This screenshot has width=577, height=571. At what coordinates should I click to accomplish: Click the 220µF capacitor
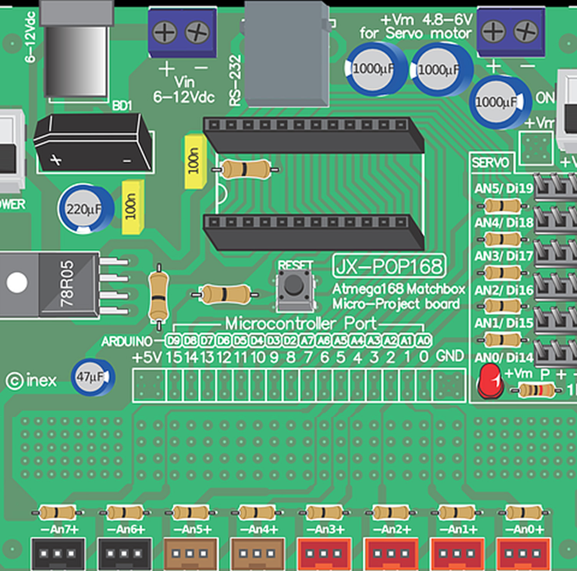(x=86, y=209)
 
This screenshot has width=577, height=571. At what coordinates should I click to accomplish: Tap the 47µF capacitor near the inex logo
(x=93, y=377)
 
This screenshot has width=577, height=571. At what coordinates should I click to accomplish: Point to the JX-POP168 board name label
(x=389, y=266)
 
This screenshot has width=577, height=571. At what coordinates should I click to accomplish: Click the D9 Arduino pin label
(x=174, y=341)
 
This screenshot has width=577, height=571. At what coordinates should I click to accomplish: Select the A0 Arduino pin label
(x=423, y=341)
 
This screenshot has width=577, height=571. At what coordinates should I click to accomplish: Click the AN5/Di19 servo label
(x=504, y=189)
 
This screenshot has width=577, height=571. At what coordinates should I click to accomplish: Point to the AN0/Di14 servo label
(x=504, y=358)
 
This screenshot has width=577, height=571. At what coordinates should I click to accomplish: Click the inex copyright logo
(x=32, y=381)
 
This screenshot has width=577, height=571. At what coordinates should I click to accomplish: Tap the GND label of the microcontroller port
(x=449, y=356)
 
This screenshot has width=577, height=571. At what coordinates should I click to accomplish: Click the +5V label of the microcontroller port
(x=147, y=357)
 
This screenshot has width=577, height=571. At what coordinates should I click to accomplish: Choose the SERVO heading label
(x=490, y=163)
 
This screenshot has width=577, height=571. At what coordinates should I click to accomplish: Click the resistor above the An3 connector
(x=324, y=513)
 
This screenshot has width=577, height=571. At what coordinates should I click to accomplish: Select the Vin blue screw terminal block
(x=182, y=33)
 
